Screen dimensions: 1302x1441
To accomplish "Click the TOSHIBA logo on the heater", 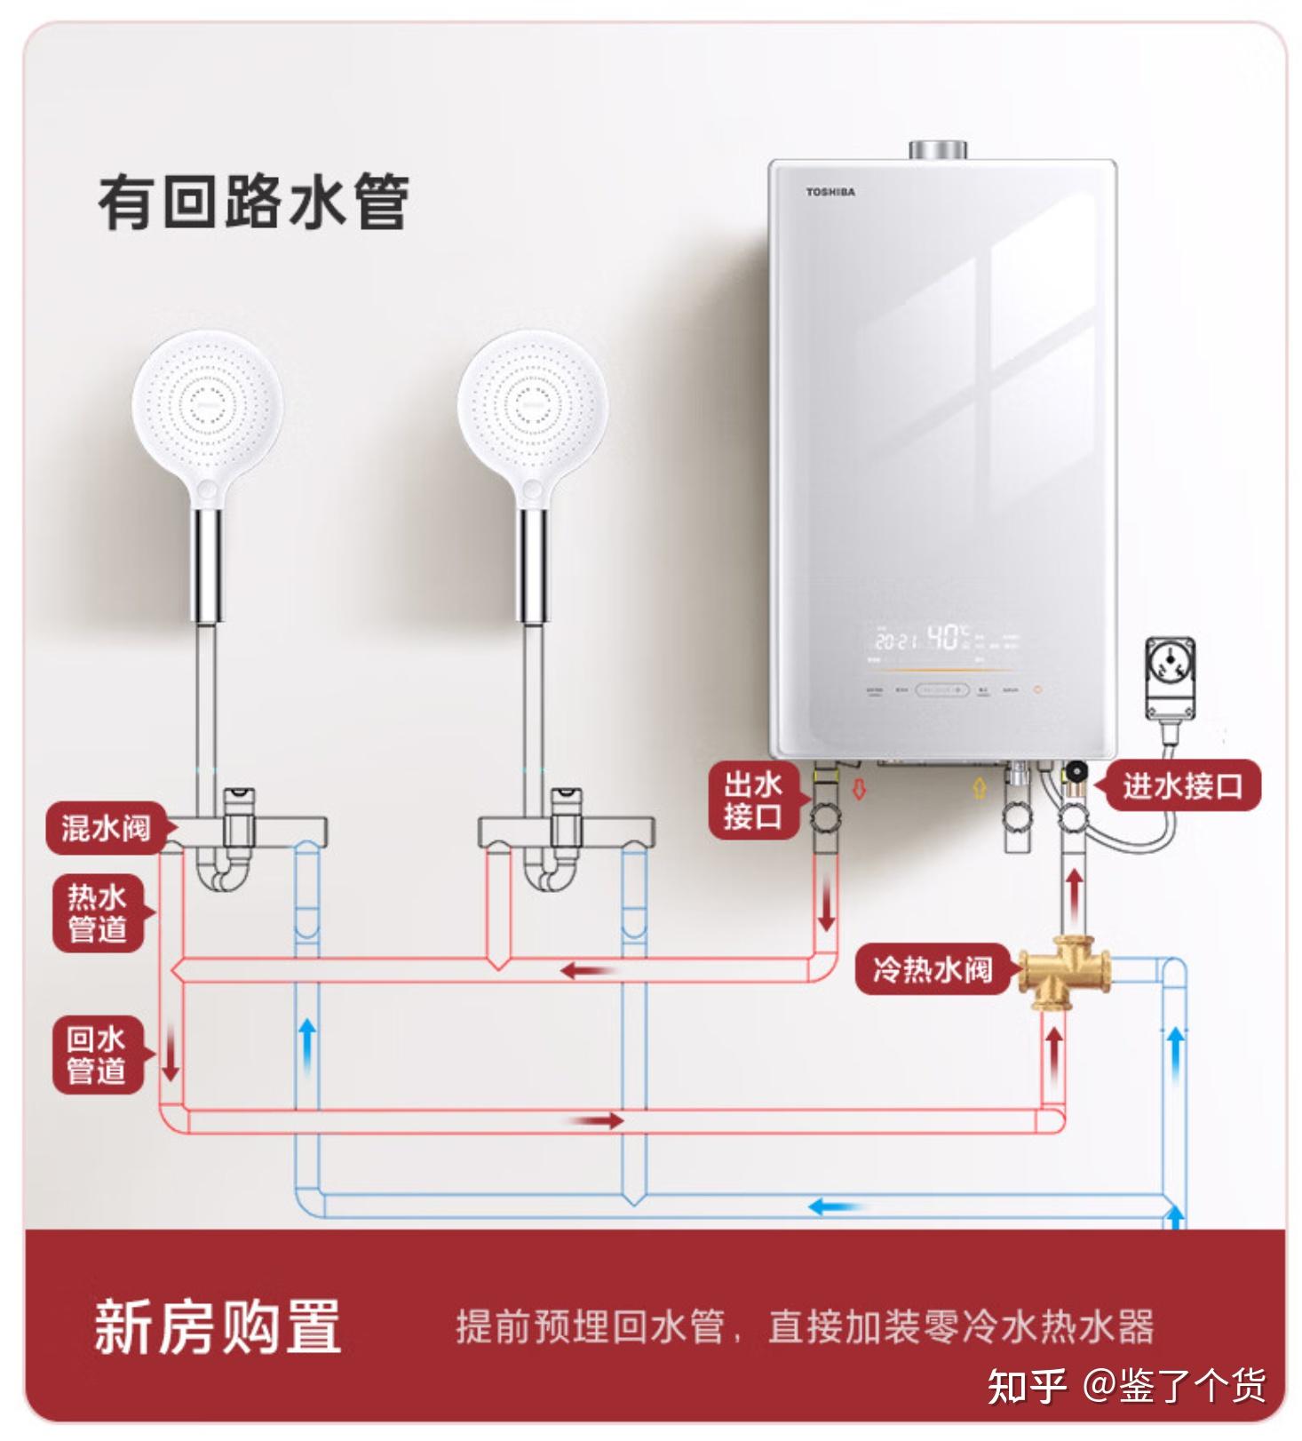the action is pyautogui.click(x=830, y=192).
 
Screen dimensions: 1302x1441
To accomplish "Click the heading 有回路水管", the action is pyautogui.click(x=253, y=203).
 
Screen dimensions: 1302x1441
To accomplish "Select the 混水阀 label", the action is pyautogui.click(x=106, y=828).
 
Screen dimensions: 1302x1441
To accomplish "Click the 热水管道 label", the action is pyautogui.click(x=98, y=913).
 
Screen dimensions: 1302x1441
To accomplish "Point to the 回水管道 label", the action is pyautogui.click(x=97, y=1054).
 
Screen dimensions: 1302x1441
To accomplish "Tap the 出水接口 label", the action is pyautogui.click(x=752, y=800).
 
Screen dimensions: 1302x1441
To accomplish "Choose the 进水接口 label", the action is pyautogui.click(x=1181, y=785).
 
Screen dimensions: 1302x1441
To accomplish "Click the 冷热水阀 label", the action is pyautogui.click(x=932, y=968).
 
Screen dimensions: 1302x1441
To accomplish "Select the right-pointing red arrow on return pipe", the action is pyautogui.click(x=598, y=1121).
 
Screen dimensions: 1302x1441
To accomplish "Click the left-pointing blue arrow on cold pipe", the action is pyautogui.click(x=835, y=1206).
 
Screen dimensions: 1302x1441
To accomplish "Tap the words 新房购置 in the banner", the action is pyautogui.click(x=218, y=1326).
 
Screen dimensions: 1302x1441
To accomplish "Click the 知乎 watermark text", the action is pyautogui.click(x=1027, y=1386).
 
